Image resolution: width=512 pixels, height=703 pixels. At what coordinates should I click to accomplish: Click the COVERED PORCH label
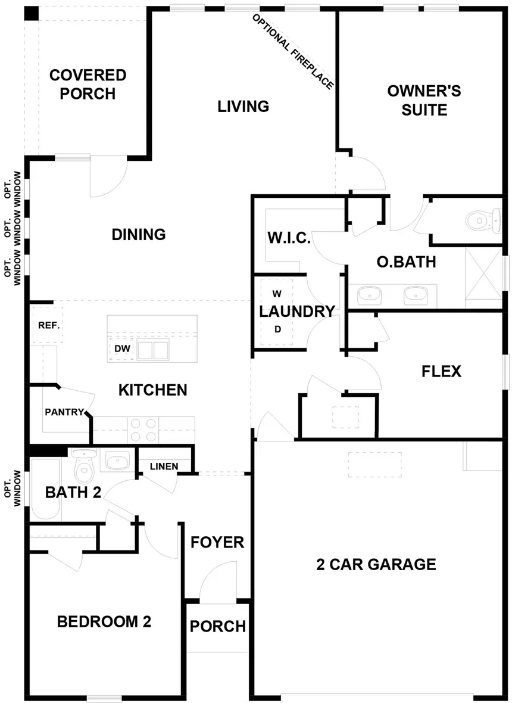coord(88,84)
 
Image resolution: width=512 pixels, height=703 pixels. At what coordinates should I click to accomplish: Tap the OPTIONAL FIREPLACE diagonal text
coord(293,51)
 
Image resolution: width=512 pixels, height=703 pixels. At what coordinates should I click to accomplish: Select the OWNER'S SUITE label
coord(424,100)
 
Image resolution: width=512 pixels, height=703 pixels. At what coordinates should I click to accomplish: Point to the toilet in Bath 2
coord(84,466)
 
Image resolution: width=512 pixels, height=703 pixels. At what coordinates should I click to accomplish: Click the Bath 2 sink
coord(117,461)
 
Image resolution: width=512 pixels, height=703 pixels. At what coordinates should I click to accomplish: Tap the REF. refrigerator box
coord(48,325)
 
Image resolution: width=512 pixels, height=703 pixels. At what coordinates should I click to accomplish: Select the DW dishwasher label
coord(122,349)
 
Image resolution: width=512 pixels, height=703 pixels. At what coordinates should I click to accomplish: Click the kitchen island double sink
coord(153,350)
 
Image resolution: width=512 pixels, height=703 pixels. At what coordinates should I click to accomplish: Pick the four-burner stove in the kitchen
coord(143,430)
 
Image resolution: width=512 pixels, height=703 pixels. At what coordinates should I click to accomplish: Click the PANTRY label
coord(64,412)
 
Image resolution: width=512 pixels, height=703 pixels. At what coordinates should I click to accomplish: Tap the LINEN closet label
coord(164,466)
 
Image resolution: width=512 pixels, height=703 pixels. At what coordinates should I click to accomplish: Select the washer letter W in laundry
coord(277,294)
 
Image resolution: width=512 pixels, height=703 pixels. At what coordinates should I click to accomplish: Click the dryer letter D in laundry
coord(277,329)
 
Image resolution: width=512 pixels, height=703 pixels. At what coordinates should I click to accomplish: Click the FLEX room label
coord(441,371)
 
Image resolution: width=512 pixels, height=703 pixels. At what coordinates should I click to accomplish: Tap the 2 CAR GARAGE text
coord(376,564)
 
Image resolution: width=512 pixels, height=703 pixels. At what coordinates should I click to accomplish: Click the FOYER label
coord(217,542)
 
